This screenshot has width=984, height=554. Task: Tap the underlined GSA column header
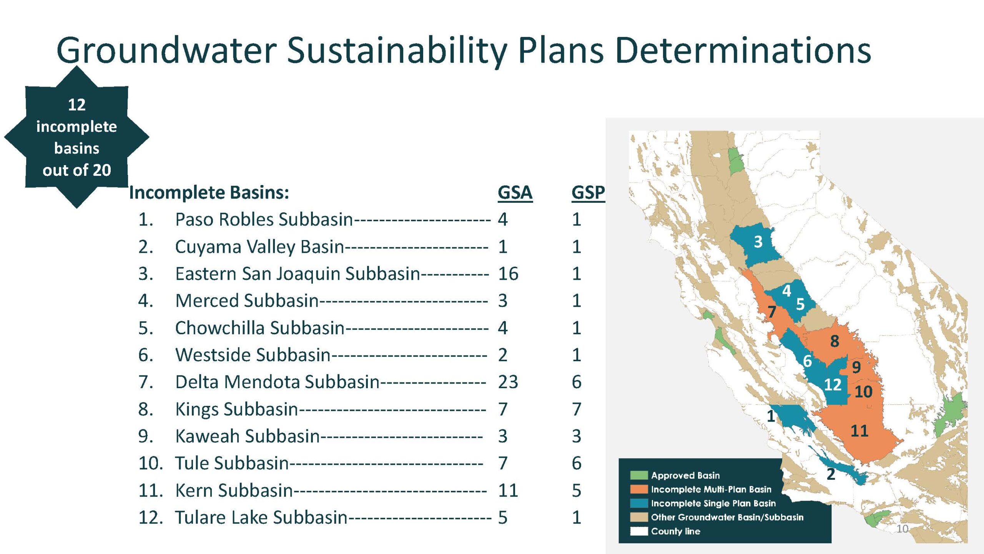[x=515, y=193]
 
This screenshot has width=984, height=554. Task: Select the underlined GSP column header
[x=588, y=193]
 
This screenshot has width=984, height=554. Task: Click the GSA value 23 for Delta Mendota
[x=508, y=382]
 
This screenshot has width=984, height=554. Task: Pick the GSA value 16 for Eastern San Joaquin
[x=508, y=274]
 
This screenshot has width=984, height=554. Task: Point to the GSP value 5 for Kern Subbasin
[x=576, y=491]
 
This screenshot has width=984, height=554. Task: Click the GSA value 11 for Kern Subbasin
[x=508, y=491]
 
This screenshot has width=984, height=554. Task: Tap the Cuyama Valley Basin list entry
[x=259, y=247]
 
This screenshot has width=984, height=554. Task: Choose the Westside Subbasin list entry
[x=253, y=355]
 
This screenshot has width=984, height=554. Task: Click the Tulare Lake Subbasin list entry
[x=261, y=517]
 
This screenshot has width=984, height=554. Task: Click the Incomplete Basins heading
[x=209, y=193]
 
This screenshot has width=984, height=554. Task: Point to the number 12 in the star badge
[x=76, y=105]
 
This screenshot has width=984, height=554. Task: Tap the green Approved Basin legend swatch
[x=639, y=476]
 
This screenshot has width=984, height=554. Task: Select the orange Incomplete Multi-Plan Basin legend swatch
[x=639, y=489]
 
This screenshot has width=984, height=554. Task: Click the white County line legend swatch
[x=639, y=531]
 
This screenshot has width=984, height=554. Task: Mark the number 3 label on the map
[x=758, y=242]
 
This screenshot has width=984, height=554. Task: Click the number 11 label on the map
[x=859, y=431]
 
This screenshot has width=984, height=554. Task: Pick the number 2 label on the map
[x=831, y=474]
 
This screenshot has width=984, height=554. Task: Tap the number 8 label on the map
[x=834, y=341]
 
